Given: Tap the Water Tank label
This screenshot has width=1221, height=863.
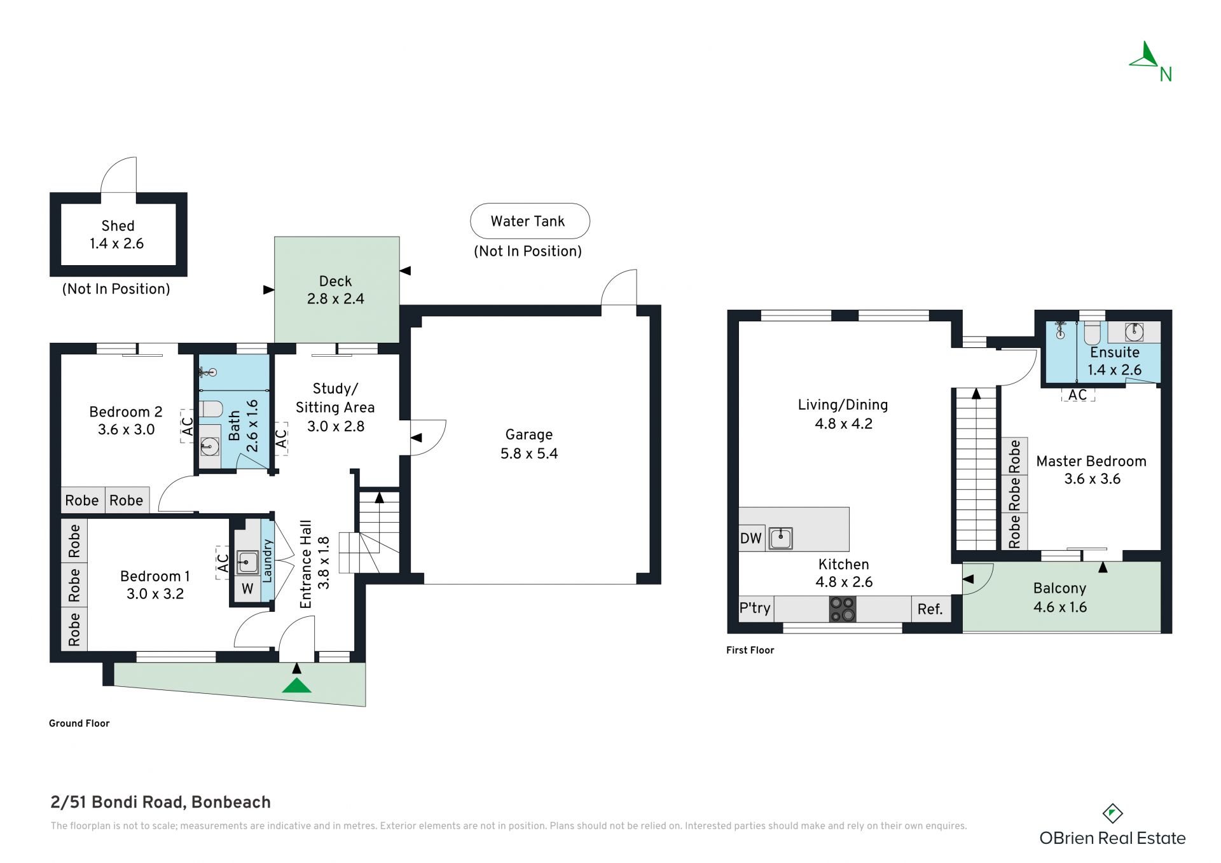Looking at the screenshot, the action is coord(528,221).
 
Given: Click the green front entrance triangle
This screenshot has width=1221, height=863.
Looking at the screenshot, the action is coord(296,685).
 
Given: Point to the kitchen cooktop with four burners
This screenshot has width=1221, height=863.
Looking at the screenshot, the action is coord(843,609).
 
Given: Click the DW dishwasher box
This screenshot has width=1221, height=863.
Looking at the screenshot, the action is coord(752,538).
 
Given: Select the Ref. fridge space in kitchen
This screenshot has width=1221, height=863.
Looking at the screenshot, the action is coord(930,609).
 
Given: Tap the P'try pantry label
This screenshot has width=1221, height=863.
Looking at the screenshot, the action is coord(755,609).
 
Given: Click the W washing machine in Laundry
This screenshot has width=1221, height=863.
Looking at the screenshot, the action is coord(247,589).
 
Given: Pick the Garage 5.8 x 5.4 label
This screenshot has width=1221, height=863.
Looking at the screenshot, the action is coord(529,444).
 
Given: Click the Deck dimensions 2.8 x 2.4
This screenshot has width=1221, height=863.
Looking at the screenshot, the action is coord(336,299).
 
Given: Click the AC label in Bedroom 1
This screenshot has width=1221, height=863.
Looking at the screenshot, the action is coord(223,563).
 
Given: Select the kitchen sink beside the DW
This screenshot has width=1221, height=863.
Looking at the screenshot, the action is coord(780,538).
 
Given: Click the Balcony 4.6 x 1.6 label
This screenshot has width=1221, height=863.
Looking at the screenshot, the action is coord(1060,598).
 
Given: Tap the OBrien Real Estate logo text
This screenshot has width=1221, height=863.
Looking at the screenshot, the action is coord(1113,838).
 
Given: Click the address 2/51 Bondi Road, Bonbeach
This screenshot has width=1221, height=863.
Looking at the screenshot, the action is coord(161,803).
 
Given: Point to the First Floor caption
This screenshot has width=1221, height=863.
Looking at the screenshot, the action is coord(750,650).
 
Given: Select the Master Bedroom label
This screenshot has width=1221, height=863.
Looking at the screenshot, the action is coord(1091,461).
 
